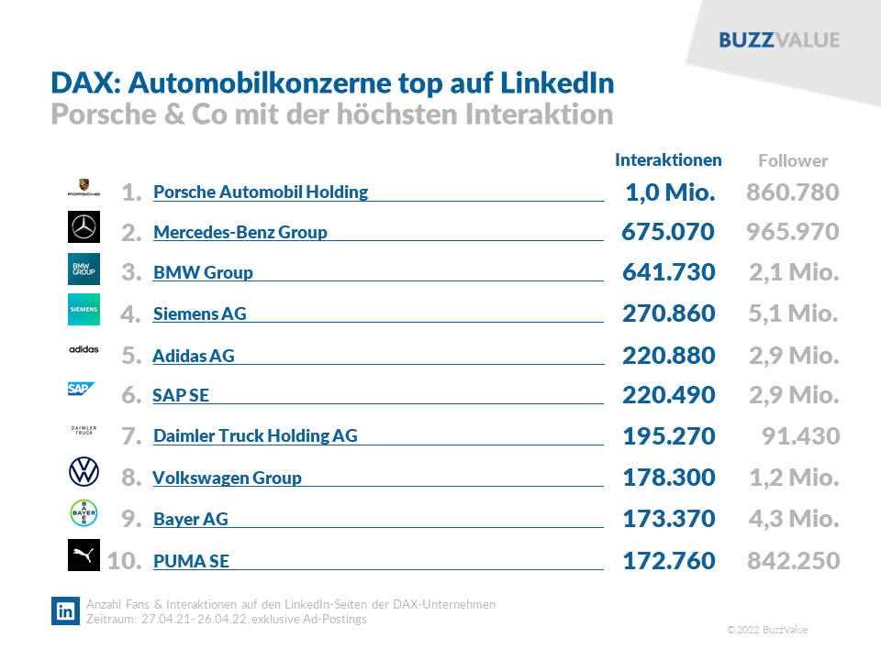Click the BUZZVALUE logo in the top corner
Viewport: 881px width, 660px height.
pyautogui.click(x=779, y=40)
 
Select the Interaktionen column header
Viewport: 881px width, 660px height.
pyautogui.click(x=668, y=160)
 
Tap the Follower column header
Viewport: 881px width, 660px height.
pyautogui.click(x=793, y=161)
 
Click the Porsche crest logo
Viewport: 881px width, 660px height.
pyautogui.click(x=84, y=188)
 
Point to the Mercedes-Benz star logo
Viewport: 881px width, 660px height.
pyautogui.click(x=84, y=227)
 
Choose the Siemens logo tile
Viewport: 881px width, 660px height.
pyautogui.click(x=84, y=310)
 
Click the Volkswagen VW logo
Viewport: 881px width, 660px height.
pyautogui.click(x=84, y=473)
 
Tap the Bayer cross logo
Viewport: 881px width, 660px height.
pyautogui.click(x=84, y=513)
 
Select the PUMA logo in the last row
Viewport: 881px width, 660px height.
pyautogui.click(x=84, y=555)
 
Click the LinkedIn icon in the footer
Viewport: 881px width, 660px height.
pyautogui.click(x=65, y=611)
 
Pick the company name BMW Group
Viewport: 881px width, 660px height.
pyautogui.click(x=203, y=273)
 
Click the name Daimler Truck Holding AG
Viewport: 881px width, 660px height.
pyautogui.click(x=255, y=436)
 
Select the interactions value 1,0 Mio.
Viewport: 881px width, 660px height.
pyautogui.click(x=669, y=192)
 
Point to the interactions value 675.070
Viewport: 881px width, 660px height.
pyautogui.click(x=668, y=233)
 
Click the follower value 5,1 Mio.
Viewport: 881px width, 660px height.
pyautogui.click(x=793, y=314)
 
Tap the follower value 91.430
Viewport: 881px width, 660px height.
pyautogui.click(x=800, y=436)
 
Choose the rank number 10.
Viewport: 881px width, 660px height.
pyautogui.click(x=124, y=560)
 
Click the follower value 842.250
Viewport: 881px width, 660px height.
pyautogui.click(x=793, y=560)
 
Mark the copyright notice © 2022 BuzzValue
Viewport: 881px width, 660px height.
pyautogui.click(x=767, y=631)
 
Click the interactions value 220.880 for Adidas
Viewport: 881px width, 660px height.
pyautogui.click(x=668, y=356)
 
